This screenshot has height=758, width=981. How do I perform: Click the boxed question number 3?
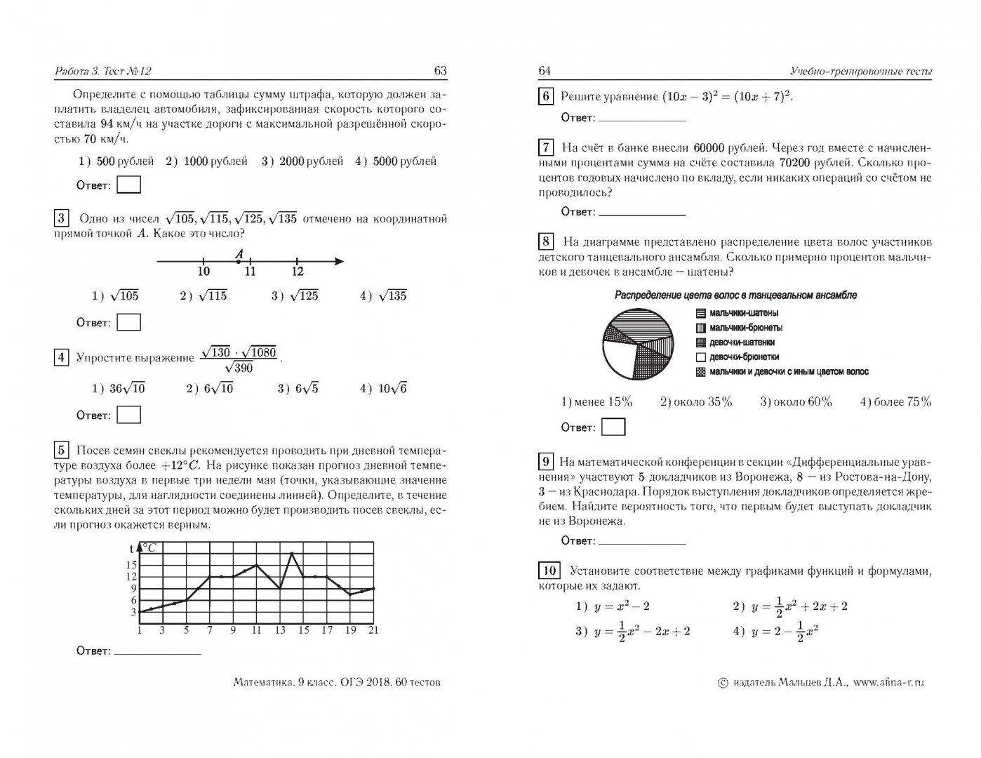(61, 218)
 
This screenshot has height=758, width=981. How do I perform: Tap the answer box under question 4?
(128, 415)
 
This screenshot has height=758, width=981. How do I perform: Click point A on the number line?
(239, 262)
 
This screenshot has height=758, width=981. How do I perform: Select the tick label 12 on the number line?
(298, 272)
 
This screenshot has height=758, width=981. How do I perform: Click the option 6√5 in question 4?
(306, 389)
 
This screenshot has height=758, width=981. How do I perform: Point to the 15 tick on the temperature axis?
(131, 564)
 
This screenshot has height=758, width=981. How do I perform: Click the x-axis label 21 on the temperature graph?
(373, 630)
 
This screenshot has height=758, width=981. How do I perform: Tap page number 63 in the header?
(440, 71)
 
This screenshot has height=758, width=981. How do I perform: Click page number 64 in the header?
(545, 71)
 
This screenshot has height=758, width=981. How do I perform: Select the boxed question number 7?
(546, 147)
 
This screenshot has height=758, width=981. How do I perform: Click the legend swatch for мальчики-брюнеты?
(700, 328)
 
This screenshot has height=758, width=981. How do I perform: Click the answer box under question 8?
(613, 427)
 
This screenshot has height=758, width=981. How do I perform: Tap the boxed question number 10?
(549, 570)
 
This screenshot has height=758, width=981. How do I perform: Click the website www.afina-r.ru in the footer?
(889, 681)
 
